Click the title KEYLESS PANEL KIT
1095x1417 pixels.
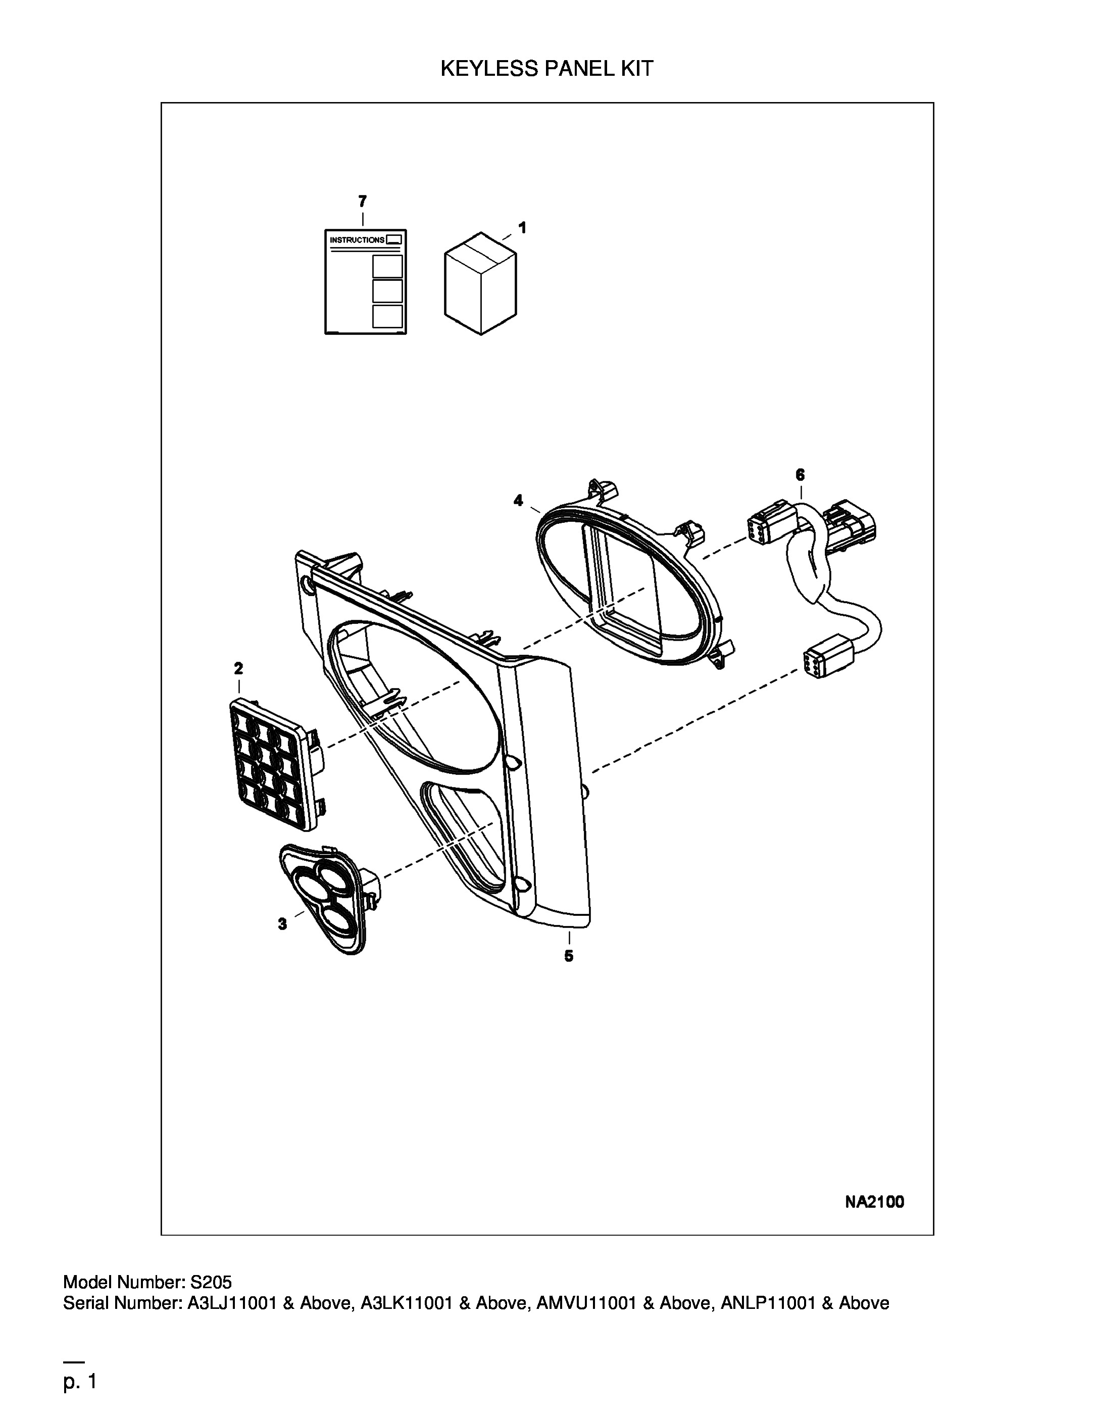[547, 68]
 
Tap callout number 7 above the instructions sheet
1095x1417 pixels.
[362, 201]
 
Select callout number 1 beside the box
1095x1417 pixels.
[522, 228]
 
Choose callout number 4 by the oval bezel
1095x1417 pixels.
[518, 500]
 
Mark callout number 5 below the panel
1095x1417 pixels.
[569, 956]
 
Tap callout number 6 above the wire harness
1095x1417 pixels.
[800, 474]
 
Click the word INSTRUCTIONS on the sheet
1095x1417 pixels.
[357, 240]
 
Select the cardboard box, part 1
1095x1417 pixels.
[481, 283]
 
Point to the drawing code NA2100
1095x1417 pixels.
[874, 1202]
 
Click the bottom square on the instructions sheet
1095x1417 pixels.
[387, 316]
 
